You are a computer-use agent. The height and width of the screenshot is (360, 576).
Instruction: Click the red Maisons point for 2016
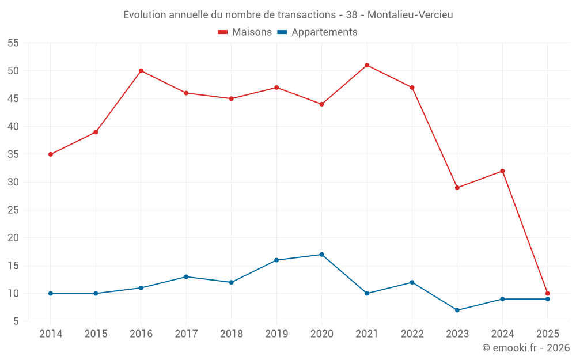(141, 71)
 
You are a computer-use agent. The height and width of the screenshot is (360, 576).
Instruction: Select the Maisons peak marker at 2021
(367, 65)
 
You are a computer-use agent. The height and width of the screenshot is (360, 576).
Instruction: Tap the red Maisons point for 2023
(457, 188)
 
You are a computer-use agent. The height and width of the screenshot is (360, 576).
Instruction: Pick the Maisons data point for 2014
(51, 154)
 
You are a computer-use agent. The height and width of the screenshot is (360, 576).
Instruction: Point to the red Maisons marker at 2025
(548, 293)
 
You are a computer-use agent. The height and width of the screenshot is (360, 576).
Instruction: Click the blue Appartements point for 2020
(322, 255)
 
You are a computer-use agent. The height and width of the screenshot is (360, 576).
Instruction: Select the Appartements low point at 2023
(457, 310)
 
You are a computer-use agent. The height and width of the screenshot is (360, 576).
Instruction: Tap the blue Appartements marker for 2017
(186, 276)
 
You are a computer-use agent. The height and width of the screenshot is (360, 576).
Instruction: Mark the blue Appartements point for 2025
(548, 299)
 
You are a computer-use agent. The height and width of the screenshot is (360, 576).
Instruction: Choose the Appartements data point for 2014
(51, 293)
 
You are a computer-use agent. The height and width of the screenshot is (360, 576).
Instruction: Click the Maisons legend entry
(245, 32)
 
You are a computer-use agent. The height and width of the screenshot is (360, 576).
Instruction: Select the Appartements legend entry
(317, 32)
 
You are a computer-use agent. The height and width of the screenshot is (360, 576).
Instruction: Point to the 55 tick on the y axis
(13, 43)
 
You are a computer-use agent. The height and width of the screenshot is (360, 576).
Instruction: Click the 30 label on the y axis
(13, 182)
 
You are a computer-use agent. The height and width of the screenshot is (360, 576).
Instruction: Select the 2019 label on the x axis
(276, 334)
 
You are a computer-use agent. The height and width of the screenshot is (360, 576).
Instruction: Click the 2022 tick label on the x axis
(412, 334)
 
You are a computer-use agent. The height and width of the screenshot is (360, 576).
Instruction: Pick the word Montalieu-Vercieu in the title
(410, 15)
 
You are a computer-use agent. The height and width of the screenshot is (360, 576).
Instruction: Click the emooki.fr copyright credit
(526, 348)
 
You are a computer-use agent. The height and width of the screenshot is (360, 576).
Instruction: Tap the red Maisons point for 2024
(502, 171)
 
